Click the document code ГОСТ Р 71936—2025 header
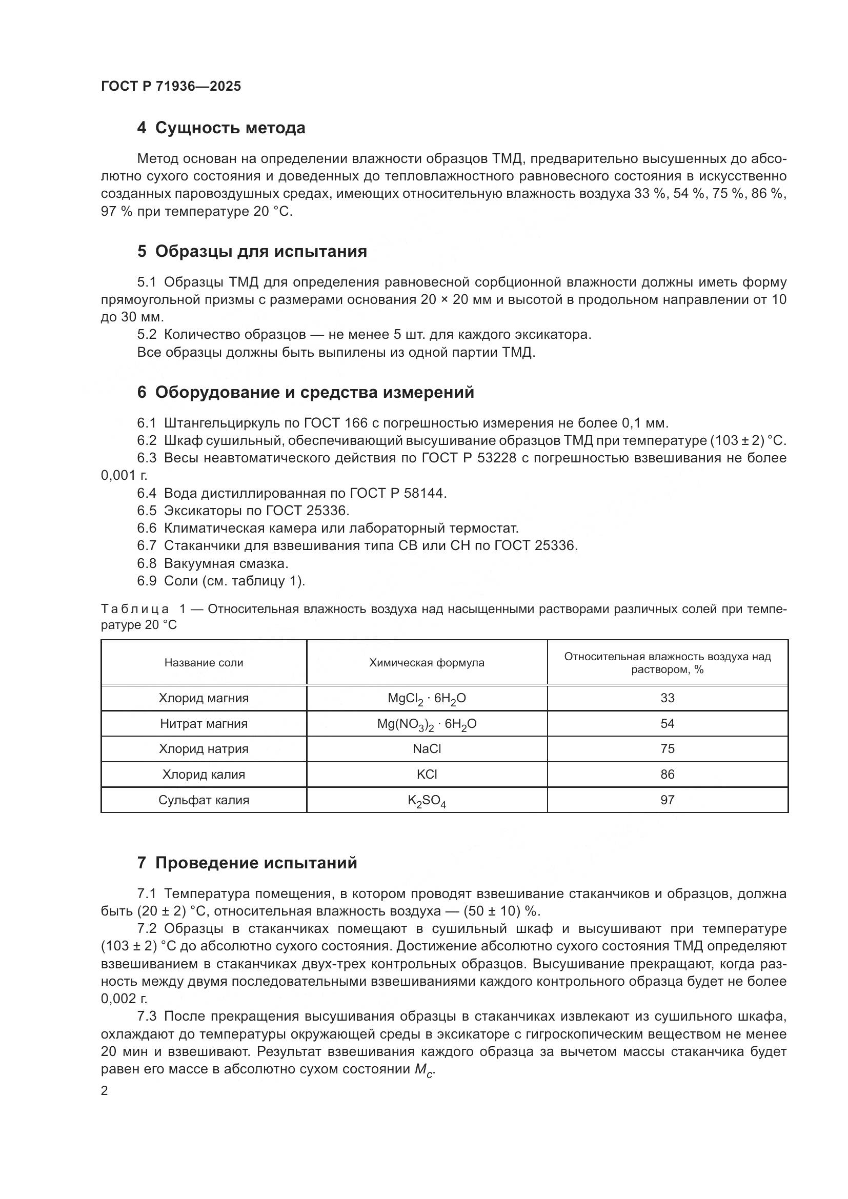171,86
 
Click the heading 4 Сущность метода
221,128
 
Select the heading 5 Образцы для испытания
252,251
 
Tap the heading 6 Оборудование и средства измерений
306,392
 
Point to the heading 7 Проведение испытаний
247,863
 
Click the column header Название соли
204,663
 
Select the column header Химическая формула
427,663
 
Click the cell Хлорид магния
204,698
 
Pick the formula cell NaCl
427,749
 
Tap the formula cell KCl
427,775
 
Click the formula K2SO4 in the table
427,801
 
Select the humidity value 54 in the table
668,724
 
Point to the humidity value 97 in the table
668,800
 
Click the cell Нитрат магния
204,724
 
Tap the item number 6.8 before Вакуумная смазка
147,563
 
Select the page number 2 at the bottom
105,1091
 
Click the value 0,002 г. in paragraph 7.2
124,999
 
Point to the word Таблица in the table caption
135,609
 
